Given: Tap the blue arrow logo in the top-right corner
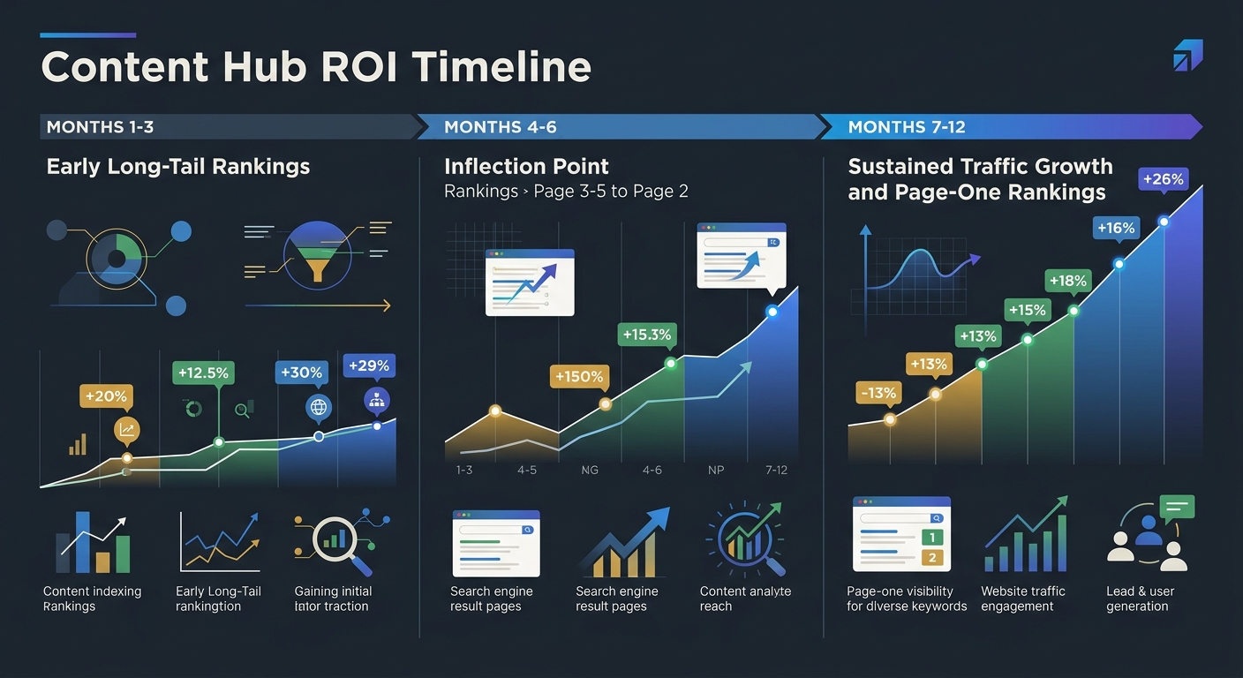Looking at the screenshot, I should point(1187,55).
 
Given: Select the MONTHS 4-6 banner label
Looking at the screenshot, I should point(500,127).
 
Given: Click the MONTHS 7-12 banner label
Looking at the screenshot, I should point(907,127).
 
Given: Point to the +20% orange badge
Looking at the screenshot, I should point(105,396).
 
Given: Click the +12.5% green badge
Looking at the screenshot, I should point(203,373).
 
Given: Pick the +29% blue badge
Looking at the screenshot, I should point(369,365).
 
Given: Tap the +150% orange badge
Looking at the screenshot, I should point(579,377).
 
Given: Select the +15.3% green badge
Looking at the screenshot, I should point(646,335).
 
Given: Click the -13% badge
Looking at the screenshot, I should point(877,393).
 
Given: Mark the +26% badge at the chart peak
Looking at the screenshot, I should point(1163,179).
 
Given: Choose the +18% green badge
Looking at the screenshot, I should point(1067,281).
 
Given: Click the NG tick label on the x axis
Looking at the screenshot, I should point(590,471).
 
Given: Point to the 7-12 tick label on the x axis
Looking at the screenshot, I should point(776,471).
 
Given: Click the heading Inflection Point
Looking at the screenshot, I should point(526,167).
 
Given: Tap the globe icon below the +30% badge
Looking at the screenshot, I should point(318,408).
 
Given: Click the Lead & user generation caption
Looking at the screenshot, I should point(1138,599).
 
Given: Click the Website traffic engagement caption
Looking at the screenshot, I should point(1022,599).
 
